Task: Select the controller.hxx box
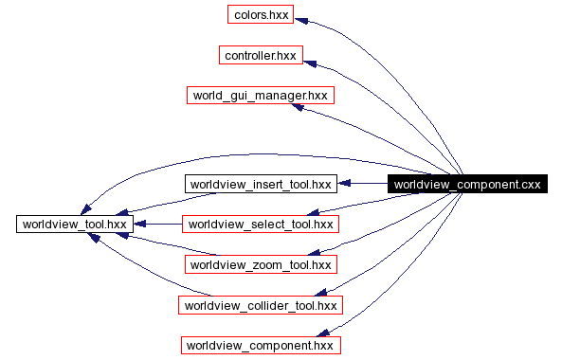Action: [261, 56]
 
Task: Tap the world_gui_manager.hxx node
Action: [261, 96]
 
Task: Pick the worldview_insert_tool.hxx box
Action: [261, 183]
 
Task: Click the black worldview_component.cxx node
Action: [466, 184]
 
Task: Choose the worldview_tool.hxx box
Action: [72, 224]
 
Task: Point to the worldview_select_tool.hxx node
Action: [261, 225]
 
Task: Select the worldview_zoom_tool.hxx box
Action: [261, 264]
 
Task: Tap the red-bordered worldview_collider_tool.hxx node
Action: [261, 305]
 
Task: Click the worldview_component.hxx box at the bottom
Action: [261, 345]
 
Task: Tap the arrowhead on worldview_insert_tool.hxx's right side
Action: [345, 183]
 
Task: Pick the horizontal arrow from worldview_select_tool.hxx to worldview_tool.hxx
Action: [156, 224]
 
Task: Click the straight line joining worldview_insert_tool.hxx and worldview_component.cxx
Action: [365, 183]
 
